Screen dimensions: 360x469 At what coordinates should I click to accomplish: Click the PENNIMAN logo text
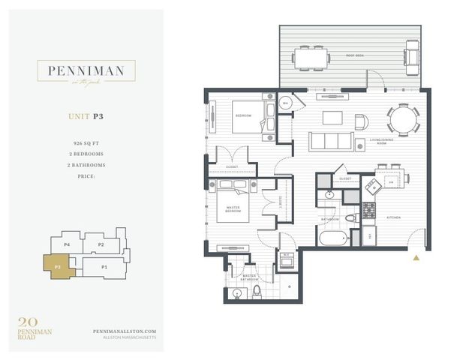click(86, 72)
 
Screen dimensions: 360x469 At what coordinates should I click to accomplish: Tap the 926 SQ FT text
click(88, 142)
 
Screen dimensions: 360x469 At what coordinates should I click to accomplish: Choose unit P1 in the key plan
click(104, 266)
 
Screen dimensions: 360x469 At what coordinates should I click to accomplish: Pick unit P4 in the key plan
click(66, 244)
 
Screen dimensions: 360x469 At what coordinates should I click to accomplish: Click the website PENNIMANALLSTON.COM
click(124, 331)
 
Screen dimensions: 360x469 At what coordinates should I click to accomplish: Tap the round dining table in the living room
click(403, 118)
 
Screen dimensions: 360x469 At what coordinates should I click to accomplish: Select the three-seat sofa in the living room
click(331, 141)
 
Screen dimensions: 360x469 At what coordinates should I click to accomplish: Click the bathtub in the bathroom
click(333, 239)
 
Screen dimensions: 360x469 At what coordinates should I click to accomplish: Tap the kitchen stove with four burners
click(369, 211)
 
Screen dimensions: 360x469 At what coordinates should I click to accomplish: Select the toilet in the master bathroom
click(256, 290)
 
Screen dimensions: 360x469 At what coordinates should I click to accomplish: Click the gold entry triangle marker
click(416, 257)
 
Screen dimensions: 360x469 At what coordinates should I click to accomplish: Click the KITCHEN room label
click(394, 218)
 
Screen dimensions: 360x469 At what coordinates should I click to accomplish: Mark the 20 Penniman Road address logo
click(35, 327)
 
